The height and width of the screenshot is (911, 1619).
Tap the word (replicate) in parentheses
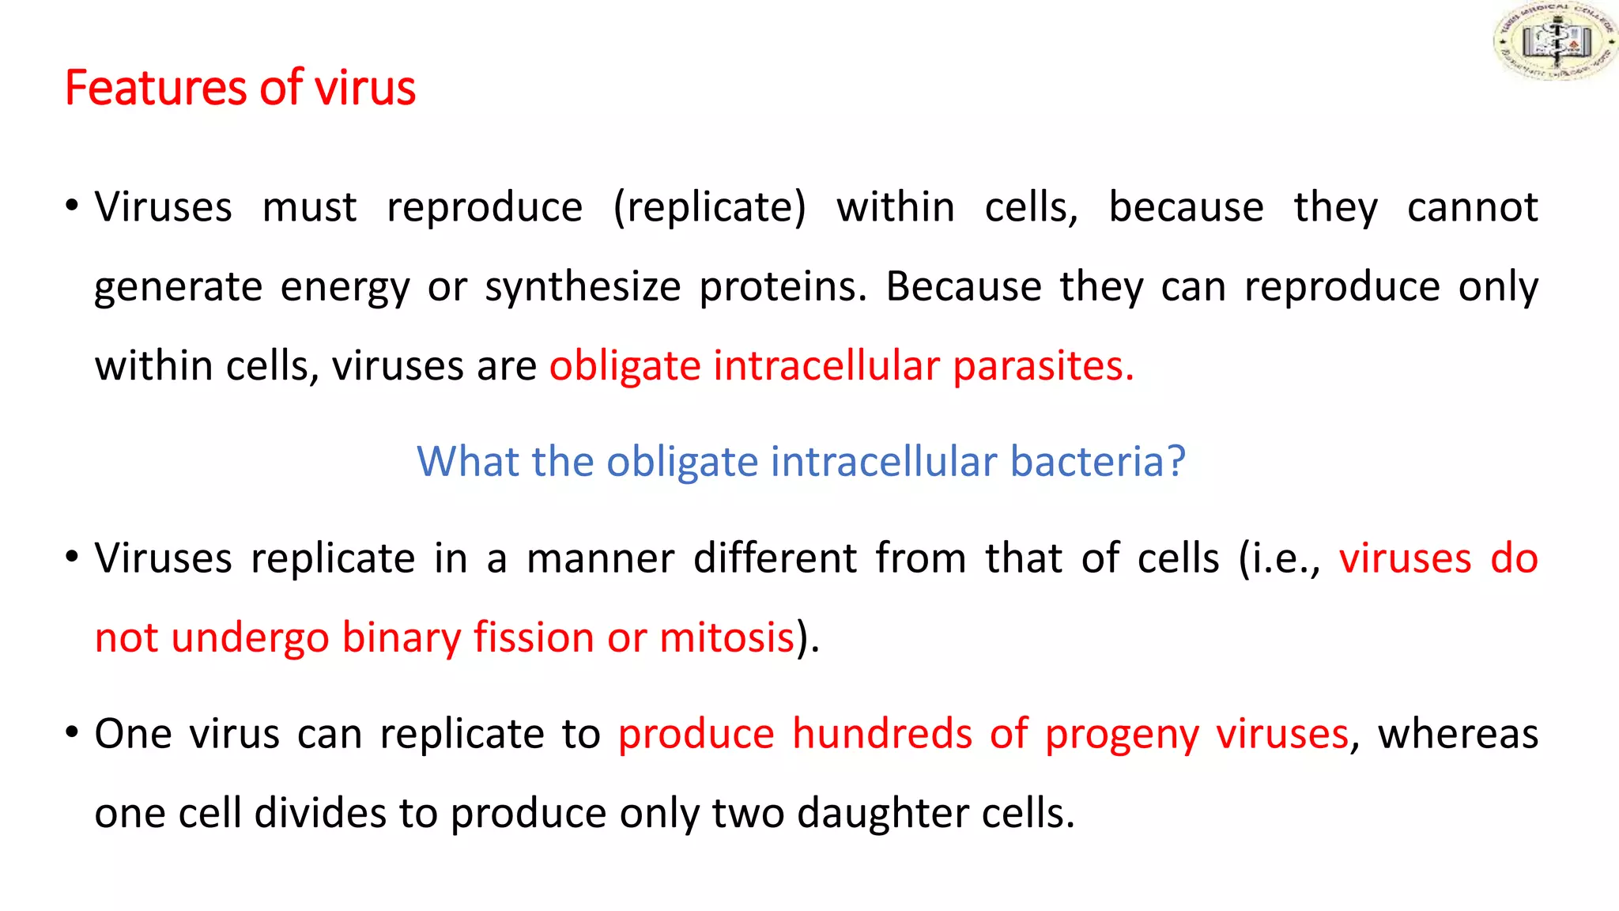click(709, 208)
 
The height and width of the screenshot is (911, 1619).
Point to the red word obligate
click(625, 367)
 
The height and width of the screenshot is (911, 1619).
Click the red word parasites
click(1043, 367)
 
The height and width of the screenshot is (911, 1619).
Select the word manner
click(600, 558)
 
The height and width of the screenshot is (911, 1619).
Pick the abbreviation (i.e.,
click(1279, 558)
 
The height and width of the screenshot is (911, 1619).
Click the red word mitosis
click(726, 637)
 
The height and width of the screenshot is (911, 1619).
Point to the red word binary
click(401, 637)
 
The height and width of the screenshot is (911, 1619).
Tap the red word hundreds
click(881, 734)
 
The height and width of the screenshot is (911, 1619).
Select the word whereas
click(1458, 734)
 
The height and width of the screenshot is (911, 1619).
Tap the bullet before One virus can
click(72, 732)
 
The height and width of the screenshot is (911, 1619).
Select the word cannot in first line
click(1472, 208)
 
